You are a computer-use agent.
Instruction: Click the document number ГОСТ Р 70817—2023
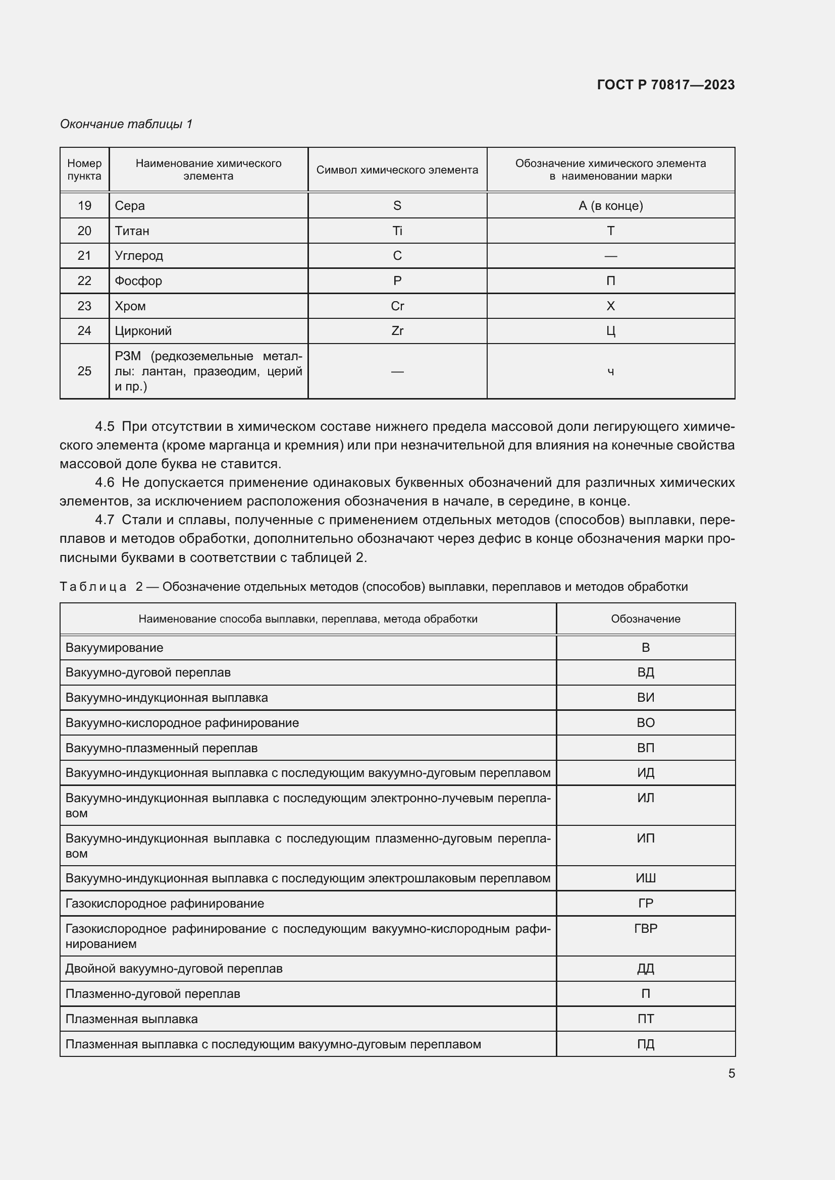tap(665, 85)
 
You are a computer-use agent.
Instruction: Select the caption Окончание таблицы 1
tap(126, 124)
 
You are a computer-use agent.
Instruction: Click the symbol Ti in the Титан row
tap(397, 231)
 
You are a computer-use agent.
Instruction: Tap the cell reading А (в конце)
tap(610, 205)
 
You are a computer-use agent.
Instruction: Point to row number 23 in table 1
tap(84, 306)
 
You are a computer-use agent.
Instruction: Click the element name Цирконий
tap(143, 330)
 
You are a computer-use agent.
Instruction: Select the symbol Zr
tap(397, 330)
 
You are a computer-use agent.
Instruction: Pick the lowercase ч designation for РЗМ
tap(610, 372)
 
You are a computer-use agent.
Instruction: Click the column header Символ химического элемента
tap(397, 170)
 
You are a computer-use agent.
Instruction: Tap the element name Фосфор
tap(138, 280)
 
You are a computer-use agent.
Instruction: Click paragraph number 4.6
tap(105, 482)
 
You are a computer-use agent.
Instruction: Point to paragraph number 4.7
tap(105, 520)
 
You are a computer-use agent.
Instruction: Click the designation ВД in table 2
tap(645, 672)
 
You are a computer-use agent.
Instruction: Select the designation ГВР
tap(645, 928)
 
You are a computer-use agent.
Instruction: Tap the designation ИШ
tap(645, 878)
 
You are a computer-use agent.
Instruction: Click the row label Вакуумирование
tap(114, 648)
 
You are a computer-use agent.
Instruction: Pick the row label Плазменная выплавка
tap(132, 1019)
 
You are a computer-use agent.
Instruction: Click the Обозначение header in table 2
tap(645, 619)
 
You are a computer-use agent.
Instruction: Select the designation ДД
tap(645, 968)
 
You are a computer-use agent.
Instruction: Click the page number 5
tap(731, 1074)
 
